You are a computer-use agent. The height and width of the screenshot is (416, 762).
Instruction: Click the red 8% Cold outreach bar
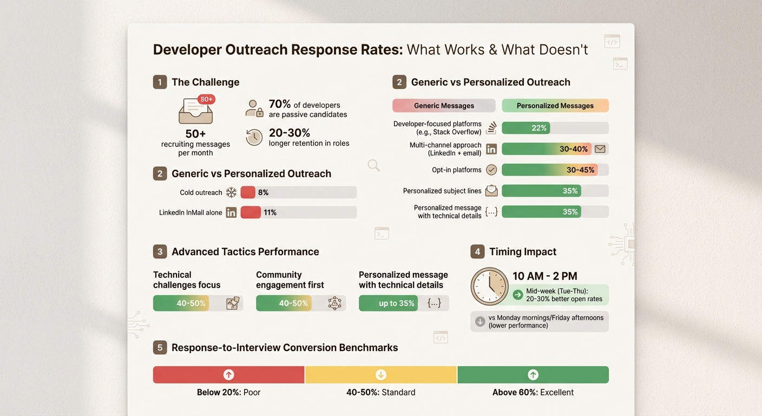pyautogui.click(x=248, y=192)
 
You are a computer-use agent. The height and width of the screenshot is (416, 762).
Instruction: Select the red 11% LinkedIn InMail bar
pyautogui.click(x=251, y=212)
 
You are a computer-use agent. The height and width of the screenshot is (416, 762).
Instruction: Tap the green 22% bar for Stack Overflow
pyautogui.click(x=525, y=128)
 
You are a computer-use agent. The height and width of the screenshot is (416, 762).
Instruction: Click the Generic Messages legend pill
pyautogui.click(x=444, y=106)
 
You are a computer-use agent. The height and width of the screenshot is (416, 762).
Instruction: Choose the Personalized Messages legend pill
pyautogui.click(x=555, y=106)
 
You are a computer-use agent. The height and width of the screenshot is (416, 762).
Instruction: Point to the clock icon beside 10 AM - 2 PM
pyautogui.click(x=489, y=286)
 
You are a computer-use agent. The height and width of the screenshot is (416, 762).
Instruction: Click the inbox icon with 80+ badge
pyautogui.click(x=196, y=110)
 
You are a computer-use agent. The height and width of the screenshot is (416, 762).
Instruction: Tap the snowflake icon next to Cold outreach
pyautogui.click(x=231, y=192)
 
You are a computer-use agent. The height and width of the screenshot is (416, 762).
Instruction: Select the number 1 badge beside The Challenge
pyautogui.click(x=160, y=82)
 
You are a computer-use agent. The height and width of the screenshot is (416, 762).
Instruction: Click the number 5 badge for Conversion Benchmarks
pyautogui.click(x=160, y=348)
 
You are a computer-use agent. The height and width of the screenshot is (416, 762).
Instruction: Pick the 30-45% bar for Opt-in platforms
pyautogui.click(x=549, y=170)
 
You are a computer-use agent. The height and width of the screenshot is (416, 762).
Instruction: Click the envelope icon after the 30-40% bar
pyautogui.click(x=600, y=149)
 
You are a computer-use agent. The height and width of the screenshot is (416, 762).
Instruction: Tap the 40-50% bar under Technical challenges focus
pyautogui.click(x=181, y=303)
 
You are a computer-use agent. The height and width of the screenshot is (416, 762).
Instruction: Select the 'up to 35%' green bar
pyautogui.click(x=387, y=303)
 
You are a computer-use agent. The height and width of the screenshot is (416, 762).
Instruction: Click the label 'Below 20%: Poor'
pyautogui.click(x=228, y=392)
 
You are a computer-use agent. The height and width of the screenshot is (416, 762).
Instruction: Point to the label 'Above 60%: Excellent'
pyautogui.click(x=533, y=392)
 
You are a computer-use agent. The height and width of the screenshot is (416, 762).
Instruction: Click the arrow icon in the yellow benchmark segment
pyautogui.click(x=381, y=375)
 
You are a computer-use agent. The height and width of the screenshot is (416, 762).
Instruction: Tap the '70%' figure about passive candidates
pyautogui.click(x=280, y=105)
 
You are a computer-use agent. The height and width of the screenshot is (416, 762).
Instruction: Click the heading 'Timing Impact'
pyautogui.click(x=522, y=252)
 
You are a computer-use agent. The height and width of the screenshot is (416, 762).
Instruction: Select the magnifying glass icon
pyautogui.click(x=373, y=165)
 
